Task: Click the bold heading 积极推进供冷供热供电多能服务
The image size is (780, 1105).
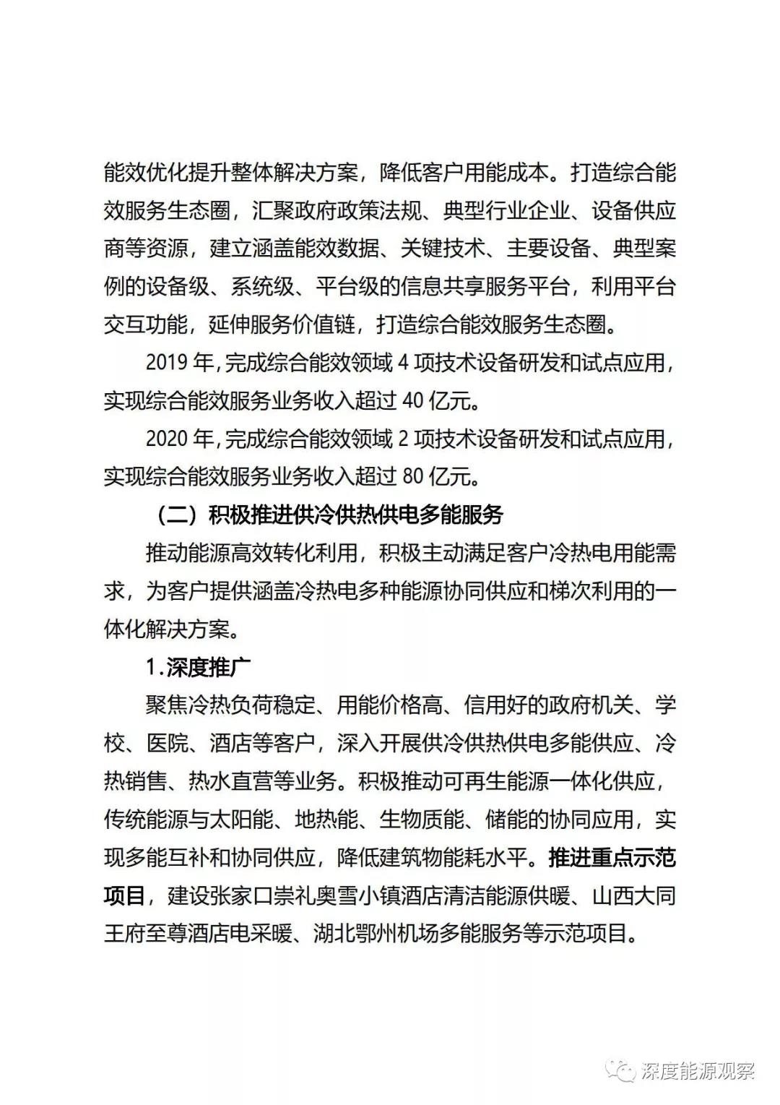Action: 355,515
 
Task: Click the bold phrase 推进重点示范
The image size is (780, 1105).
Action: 612,858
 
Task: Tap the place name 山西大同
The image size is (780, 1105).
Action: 633,896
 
